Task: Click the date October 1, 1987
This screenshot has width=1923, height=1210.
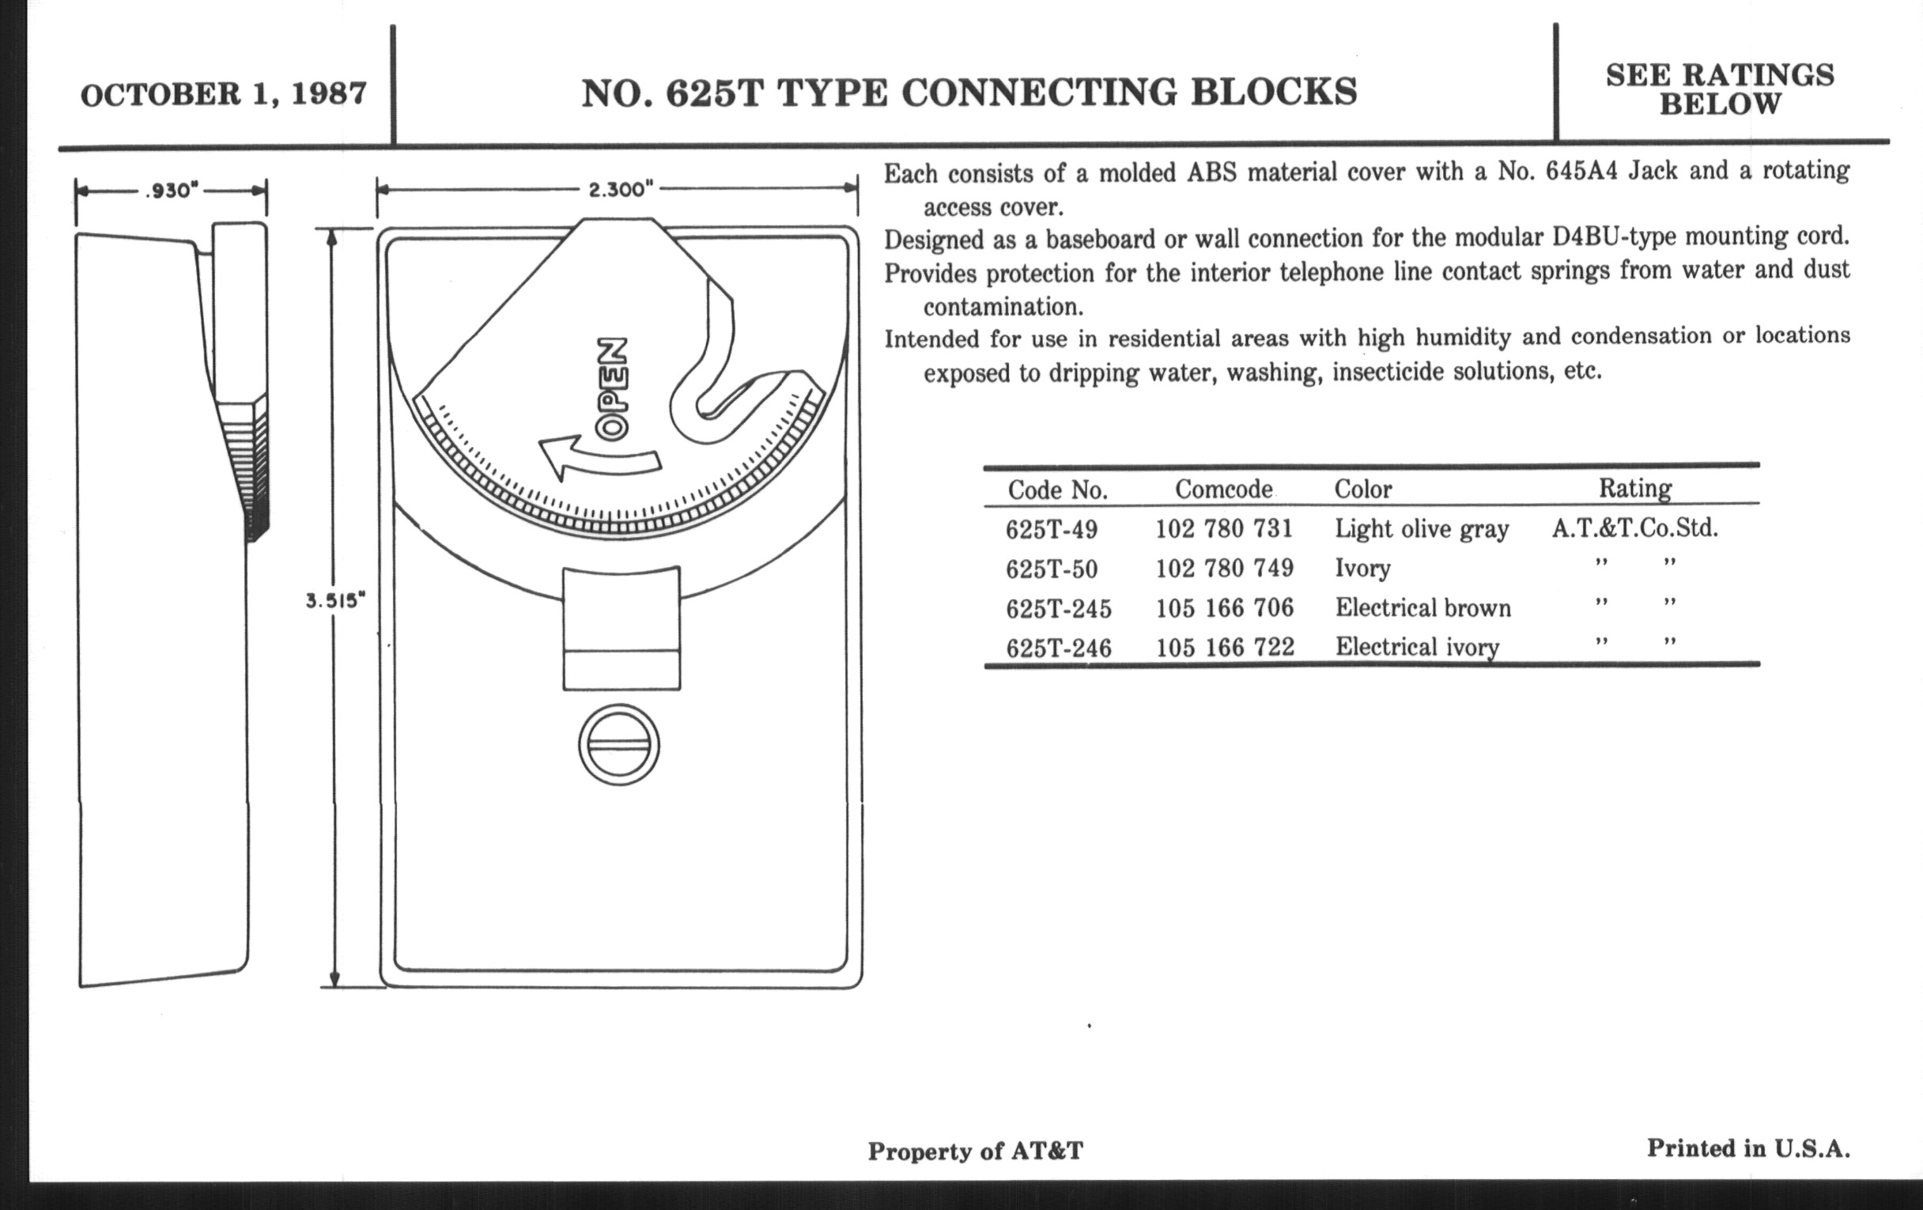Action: click(x=224, y=94)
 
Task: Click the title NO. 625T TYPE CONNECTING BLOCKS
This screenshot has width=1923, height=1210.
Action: click(x=969, y=93)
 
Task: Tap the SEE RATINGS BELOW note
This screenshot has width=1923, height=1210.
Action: click(x=1720, y=89)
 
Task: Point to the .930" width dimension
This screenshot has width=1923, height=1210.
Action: click(x=171, y=191)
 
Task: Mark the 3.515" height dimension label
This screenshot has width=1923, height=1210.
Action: click(x=335, y=600)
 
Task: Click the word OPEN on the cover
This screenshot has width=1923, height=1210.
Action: click(x=614, y=390)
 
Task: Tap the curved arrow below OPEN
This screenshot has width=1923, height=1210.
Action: click(x=599, y=458)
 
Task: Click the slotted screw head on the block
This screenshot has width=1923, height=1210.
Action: click(x=619, y=745)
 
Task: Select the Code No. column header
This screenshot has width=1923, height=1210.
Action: click(x=1057, y=490)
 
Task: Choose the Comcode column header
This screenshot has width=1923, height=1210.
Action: click(x=1223, y=489)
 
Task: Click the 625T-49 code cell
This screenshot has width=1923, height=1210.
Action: click(x=1052, y=529)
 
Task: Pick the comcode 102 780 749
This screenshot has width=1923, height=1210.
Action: click(x=1225, y=568)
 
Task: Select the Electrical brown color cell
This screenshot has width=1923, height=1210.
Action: click(x=1423, y=608)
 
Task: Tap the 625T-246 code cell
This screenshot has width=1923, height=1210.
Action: click(x=1059, y=648)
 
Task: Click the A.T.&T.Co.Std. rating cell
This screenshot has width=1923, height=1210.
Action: click(x=1634, y=528)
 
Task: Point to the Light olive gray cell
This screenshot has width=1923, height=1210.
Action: click(x=1422, y=530)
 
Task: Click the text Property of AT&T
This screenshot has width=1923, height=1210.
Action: click(x=976, y=1151)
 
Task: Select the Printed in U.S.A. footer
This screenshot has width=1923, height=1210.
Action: click(x=1748, y=1148)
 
